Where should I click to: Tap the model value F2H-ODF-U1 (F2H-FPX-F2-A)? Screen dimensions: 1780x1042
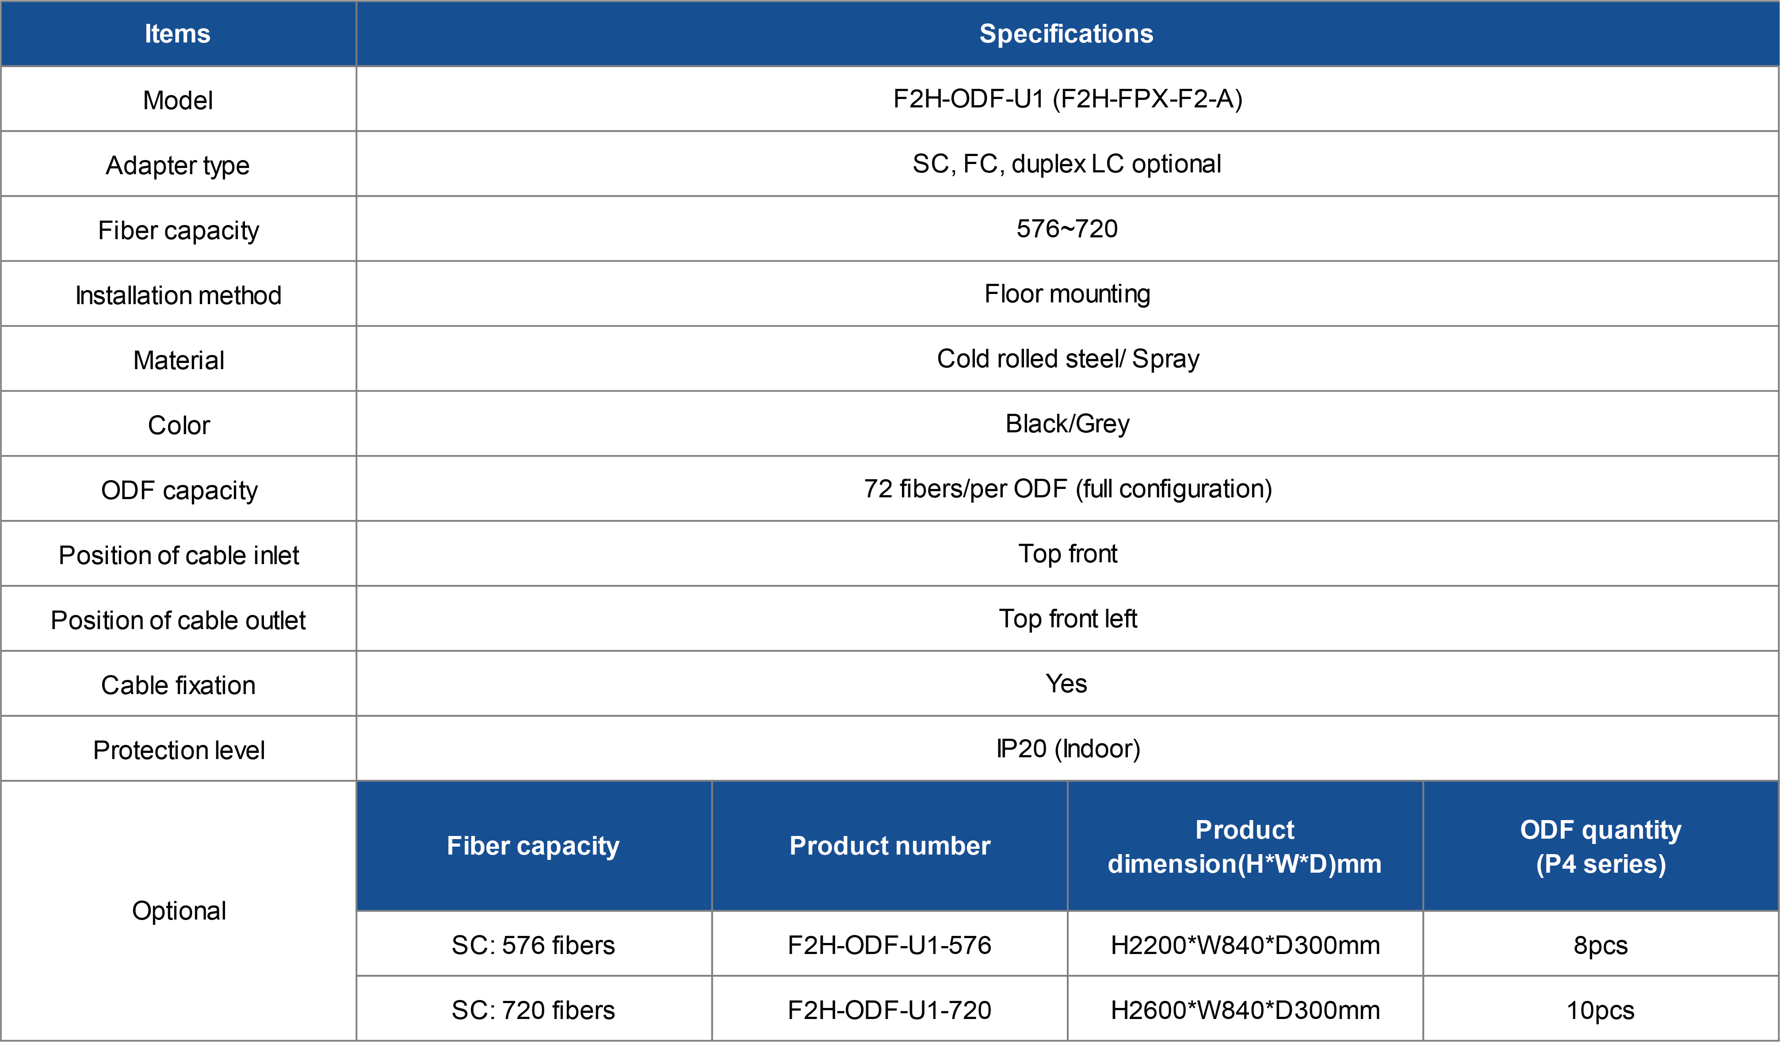[1067, 99]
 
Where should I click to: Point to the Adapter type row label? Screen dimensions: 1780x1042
[178, 165]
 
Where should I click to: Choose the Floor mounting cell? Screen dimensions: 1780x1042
[1067, 294]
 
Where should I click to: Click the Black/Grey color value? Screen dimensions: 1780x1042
[1067, 424]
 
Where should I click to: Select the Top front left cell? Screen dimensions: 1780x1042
[1067, 619]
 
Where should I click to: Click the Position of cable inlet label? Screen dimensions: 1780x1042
[179, 555]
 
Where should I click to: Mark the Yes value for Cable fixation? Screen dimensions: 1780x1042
[1066, 684]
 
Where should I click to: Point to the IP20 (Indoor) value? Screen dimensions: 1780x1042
[1068, 749]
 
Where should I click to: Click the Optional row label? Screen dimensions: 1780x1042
[180, 911]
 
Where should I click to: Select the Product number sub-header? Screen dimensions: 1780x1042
[890, 846]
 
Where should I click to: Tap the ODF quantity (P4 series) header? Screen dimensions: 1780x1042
[1600, 846]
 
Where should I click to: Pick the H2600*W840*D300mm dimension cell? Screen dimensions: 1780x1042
[1245, 1010]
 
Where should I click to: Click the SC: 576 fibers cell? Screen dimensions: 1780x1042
[533, 945]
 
